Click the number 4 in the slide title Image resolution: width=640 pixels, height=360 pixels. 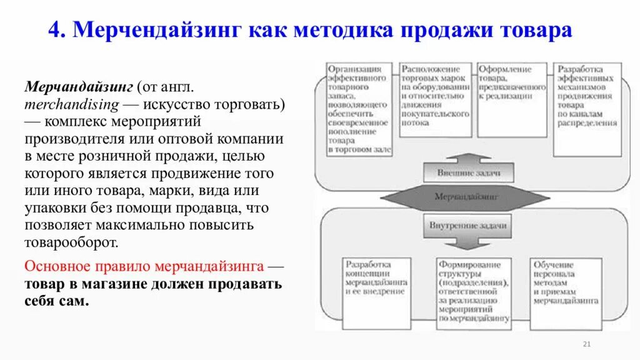[54, 29]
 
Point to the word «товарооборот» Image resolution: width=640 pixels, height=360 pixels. [71, 242]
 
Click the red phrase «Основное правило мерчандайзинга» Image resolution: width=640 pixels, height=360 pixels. [144, 266]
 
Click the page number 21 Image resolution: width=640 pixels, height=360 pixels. [586, 344]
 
